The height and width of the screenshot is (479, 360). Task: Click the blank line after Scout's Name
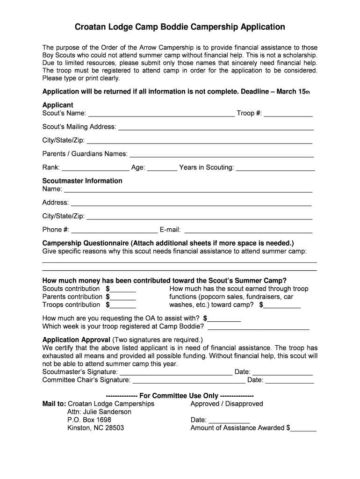point(161,114)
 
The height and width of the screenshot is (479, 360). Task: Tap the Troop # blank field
point(288,114)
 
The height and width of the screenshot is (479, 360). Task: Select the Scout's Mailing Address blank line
point(216,127)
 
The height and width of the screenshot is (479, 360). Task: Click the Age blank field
point(162,168)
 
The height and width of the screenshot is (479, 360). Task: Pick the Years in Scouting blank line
point(275,168)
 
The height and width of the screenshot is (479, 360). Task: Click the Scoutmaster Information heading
point(82,181)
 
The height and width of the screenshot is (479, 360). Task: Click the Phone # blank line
point(114,230)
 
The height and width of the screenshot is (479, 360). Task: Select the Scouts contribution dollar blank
point(122,290)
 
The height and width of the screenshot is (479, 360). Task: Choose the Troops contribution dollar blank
point(122,305)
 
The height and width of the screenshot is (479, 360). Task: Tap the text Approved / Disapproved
point(227,404)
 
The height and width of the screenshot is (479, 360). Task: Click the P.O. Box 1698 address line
point(89,420)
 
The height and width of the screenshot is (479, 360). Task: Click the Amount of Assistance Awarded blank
point(304,428)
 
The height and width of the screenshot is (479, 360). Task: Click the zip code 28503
point(114,428)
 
